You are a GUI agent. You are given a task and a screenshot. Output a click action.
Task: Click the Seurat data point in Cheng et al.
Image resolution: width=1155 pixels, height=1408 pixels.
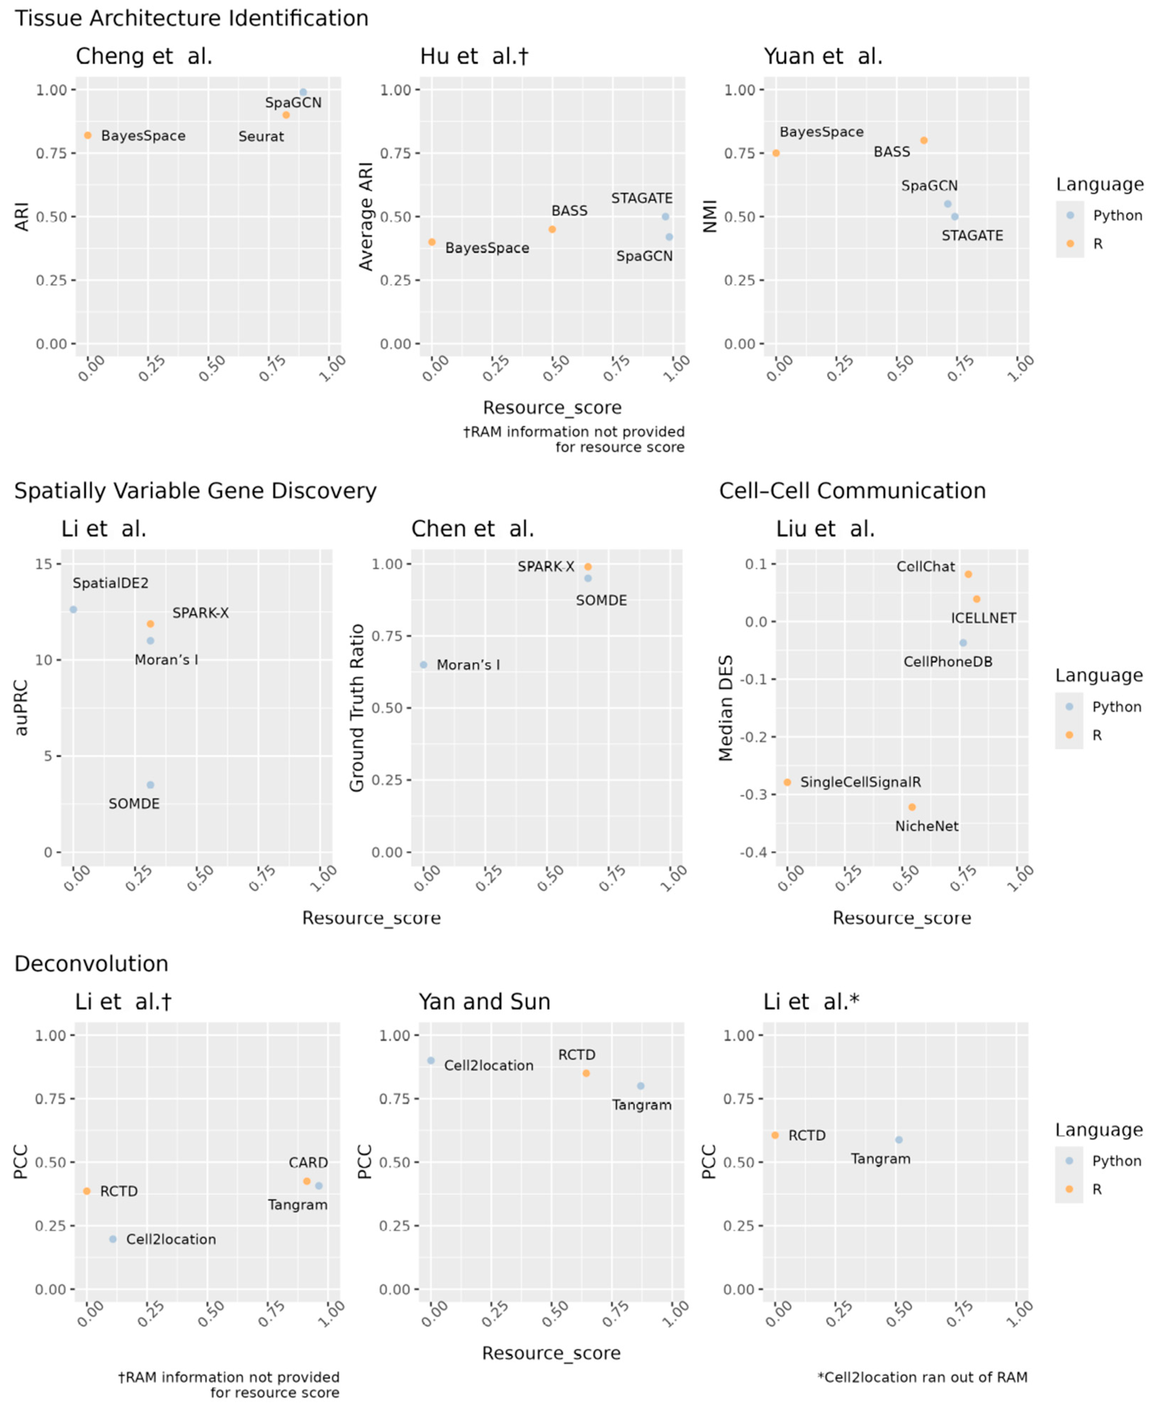(x=286, y=115)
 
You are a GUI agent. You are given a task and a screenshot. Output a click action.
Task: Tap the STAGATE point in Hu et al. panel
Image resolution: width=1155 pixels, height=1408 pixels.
(x=665, y=216)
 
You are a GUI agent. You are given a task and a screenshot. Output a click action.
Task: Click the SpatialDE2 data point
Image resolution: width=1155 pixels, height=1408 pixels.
(x=73, y=609)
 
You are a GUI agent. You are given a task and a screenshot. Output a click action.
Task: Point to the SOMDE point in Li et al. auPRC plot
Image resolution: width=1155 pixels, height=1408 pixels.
(x=151, y=785)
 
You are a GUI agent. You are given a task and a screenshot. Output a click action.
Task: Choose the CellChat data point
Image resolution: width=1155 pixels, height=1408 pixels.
(x=968, y=574)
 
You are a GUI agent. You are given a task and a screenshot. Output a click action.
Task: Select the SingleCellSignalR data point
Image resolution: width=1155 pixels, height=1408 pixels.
(x=787, y=782)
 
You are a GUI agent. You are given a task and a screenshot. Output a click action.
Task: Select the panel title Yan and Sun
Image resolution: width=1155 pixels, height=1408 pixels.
(x=485, y=1001)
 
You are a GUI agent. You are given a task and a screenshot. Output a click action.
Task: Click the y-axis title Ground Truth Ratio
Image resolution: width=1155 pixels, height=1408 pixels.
(x=357, y=708)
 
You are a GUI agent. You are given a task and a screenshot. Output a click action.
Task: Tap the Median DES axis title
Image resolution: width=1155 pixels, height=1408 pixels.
(x=726, y=708)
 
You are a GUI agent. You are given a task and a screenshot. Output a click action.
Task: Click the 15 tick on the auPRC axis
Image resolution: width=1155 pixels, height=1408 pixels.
(x=44, y=564)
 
